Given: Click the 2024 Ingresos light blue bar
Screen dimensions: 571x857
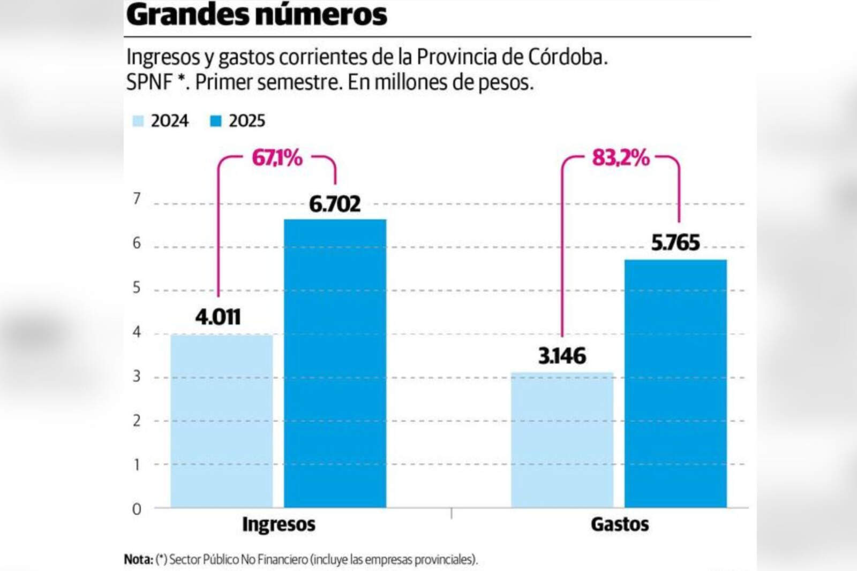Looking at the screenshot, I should pos(221,421).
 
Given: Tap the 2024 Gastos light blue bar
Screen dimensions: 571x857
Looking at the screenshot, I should pos(562,439).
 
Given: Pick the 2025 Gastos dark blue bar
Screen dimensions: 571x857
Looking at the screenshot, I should pos(675,383).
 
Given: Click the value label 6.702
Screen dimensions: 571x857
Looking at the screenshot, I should pos(335,204).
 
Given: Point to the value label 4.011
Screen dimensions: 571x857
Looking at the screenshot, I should pos(218,317).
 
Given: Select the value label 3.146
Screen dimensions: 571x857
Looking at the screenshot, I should pos(562,356).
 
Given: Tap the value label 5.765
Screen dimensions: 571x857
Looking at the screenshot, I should pos(675,243).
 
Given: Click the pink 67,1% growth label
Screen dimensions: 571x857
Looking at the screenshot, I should pos(277,158).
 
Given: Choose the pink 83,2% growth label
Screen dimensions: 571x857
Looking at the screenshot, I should pos(620,158).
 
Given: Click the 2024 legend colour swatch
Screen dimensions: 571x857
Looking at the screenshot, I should pos(138,121).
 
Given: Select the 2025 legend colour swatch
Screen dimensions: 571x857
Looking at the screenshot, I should pos(216,121).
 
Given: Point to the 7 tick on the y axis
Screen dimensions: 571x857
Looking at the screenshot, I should pos(137,199).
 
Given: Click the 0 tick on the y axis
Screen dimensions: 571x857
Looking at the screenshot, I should pos(137,509).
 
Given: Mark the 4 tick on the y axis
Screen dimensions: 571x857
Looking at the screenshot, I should pos(137,332).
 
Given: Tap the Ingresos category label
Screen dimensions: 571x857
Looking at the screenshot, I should pos(279,524).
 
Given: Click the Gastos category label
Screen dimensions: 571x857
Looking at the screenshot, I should pos(620,524).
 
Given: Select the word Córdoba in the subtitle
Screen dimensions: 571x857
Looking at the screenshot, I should pos(567,57).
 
